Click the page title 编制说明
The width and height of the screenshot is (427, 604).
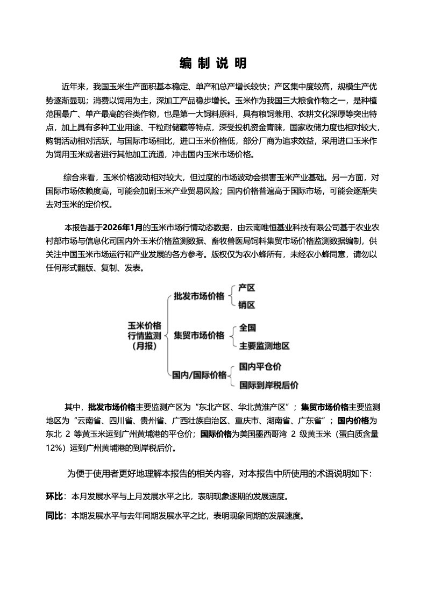pyautogui.click(x=213, y=63)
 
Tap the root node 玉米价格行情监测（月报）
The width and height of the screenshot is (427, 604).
pyautogui.click(x=144, y=336)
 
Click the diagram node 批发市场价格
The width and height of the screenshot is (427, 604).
pyautogui.click(x=199, y=296)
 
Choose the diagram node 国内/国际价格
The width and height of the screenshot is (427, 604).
pyautogui.click(x=199, y=375)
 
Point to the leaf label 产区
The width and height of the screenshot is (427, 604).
pyautogui.click(x=247, y=288)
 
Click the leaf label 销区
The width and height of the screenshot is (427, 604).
pyautogui.click(x=247, y=305)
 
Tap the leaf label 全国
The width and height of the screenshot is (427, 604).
pyautogui.click(x=247, y=328)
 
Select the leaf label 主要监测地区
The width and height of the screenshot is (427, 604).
pyautogui.click(x=265, y=346)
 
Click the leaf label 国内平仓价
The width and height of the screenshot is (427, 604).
pyautogui.click(x=260, y=367)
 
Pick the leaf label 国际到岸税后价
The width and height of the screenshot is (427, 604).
pyautogui.click(x=269, y=385)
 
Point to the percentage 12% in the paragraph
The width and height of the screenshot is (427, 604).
pyautogui.click(x=55, y=447)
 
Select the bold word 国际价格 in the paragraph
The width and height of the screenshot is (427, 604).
pyautogui.click(x=217, y=434)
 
